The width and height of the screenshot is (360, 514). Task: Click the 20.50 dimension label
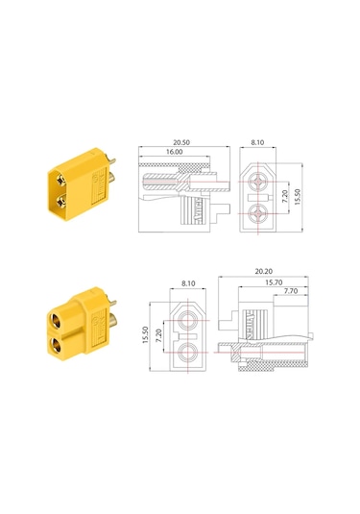(x=181, y=142)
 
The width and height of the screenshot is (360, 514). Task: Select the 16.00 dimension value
(x=175, y=152)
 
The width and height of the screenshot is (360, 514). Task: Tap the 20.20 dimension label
(x=264, y=272)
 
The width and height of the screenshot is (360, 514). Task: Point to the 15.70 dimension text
(x=274, y=282)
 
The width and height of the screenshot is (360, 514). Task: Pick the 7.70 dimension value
(x=291, y=291)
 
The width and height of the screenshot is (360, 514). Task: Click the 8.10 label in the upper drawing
(x=257, y=142)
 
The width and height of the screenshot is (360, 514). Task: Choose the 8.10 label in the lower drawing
(x=188, y=283)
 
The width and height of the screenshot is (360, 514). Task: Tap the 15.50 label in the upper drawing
(x=297, y=197)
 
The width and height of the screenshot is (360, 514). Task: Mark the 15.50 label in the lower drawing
(x=146, y=335)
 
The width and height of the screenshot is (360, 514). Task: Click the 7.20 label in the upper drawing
(x=285, y=197)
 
